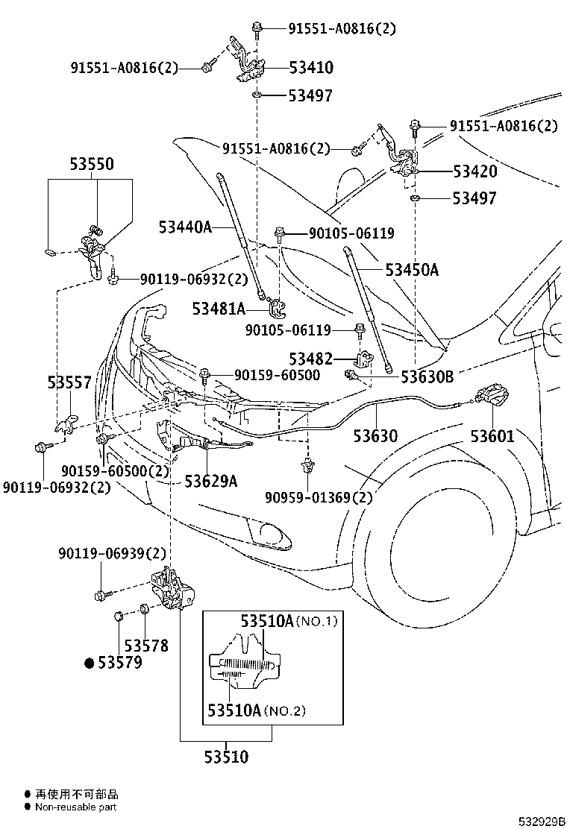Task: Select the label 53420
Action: pyautogui.click(x=474, y=171)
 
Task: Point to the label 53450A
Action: pyautogui.click(x=412, y=270)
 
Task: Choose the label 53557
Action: pyautogui.click(x=69, y=383)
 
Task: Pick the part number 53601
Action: pyautogui.click(x=492, y=436)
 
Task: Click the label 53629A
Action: pyautogui.click(x=211, y=481)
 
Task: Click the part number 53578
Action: pyautogui.click(x=146, y=646)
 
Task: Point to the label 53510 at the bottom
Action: pyautogui.click(x=226, y=757)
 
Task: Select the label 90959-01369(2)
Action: pyautogui.click(x=318, y=497)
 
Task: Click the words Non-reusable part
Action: pyautogui.click(x=75, y=807)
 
